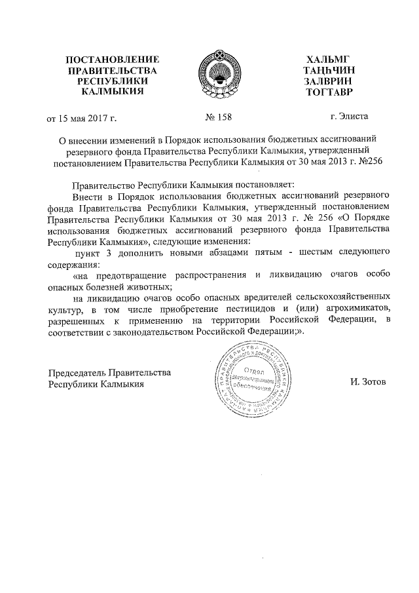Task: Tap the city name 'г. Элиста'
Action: click(x=350, y=117)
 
